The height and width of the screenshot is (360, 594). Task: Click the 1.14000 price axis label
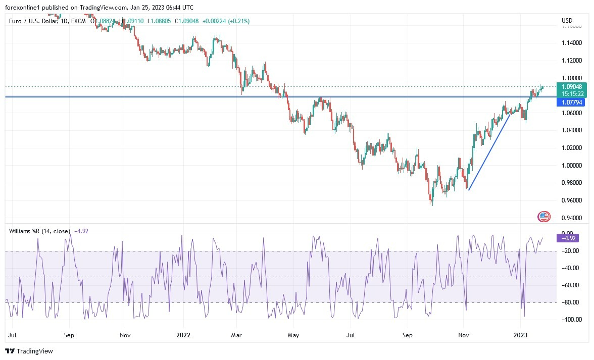click(x=571, y=43)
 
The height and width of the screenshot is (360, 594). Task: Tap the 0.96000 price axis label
click(x=571, y=200)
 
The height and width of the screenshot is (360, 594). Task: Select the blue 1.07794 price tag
click(x=571, y=102)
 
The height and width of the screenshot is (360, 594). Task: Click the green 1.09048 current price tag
click(x=571, y=86)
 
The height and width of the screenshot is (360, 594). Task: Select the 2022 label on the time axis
click(x=183, y=335)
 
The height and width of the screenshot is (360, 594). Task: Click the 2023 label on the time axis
click(x=521, y=335)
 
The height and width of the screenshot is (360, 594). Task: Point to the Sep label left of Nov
click(x=70, y=335)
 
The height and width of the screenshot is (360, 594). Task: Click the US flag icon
click(x=543, y=217)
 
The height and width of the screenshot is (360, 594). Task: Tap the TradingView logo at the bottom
click(x=29, y=351)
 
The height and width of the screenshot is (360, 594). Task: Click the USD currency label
click(x=567, y=21)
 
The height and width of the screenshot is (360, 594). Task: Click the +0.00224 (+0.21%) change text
click(x=226, y=21)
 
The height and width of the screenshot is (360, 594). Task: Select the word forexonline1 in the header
click(x=22, y=7)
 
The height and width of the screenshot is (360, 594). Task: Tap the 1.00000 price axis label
click(x=571, y=166)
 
